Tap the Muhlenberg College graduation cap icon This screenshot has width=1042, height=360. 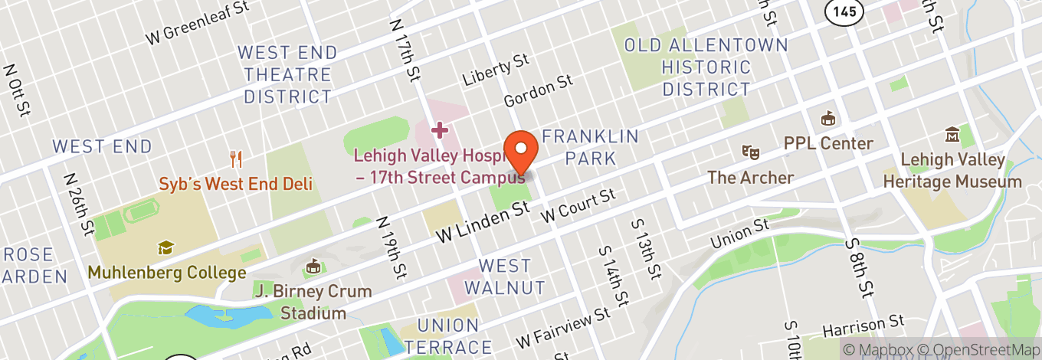(165, 247)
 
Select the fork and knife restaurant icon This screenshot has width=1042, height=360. (236, 159)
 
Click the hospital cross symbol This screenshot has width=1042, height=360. (439, 129)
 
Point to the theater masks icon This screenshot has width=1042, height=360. (750, 152)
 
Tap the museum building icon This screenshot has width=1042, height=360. (952, 135)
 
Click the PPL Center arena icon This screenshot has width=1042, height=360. (827, 119)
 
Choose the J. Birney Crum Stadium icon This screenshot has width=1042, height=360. (313, 267)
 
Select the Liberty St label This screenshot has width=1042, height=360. (496, 69)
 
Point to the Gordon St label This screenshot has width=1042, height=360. (538, 90)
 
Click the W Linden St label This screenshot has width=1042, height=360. (483, 222)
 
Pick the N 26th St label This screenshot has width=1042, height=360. (79, 208)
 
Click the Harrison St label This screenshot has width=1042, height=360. (863, 326)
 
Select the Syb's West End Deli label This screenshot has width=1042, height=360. (236, 185)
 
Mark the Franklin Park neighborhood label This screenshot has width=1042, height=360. (590, 147)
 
